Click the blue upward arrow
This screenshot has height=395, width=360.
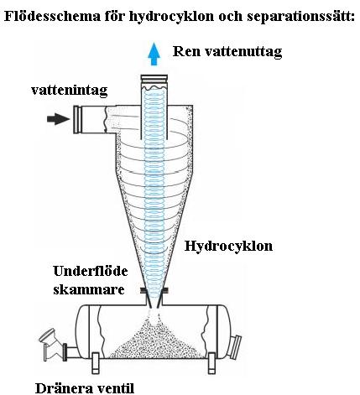[x=154, y=54]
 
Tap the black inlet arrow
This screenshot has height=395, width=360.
[x=58, y=119]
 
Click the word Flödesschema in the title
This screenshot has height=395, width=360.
[x=52, y=16]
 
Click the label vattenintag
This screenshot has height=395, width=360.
[x=70, y=91]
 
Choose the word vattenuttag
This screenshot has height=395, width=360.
[x=243, y=52]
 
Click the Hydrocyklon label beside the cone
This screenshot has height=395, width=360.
[x=228, y=247]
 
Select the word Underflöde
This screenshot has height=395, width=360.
[x=91, y=271]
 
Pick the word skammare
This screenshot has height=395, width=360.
[x=89, y=289]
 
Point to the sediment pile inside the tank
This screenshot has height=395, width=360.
[x=157, y=342]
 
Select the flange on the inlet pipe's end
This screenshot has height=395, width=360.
[x=77, y=119]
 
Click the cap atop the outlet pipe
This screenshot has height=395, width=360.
[x=154, y=79]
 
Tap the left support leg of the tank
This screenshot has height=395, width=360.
[x=96, y=363]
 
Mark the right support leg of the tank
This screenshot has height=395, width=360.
[x=211, y=363]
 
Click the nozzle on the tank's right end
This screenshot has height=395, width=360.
[x=236, y=347]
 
